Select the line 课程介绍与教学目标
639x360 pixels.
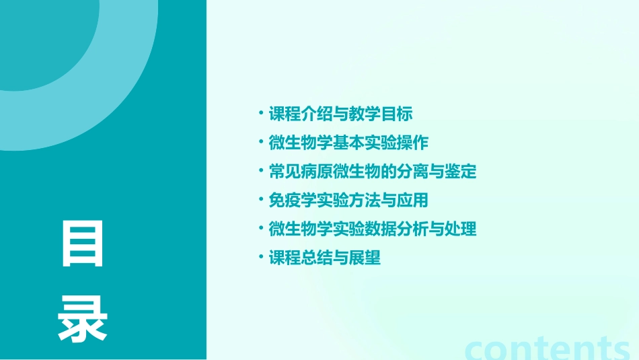click(x=340, y=114)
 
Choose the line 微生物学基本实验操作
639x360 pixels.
click(x=348, y=143)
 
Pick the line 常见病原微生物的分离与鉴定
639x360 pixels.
click(x=373, y=172)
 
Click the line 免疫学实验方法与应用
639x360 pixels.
click(x=348, y=201)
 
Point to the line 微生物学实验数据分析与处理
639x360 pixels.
click(x=373, y=229)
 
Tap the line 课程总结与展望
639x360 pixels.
click(x=325, y=258)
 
